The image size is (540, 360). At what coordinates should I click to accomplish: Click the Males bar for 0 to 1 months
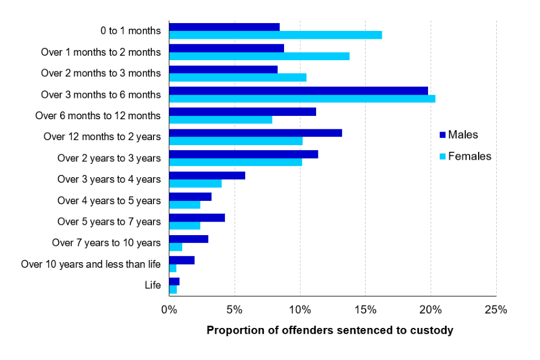click(x=224, y=27)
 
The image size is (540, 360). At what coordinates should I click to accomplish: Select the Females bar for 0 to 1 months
click(x=275, y=35)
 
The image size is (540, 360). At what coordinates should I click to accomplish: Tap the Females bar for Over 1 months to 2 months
click(x=259, y=56)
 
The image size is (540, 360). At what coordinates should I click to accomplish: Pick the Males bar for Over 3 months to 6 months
click(x=298, y=91)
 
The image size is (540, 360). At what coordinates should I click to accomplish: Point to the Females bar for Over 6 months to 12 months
click(x=220, y=120)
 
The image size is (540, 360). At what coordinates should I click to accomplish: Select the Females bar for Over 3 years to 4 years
click(x=195, y=183)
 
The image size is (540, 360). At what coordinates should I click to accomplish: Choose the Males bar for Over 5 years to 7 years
click(x=197, y=218)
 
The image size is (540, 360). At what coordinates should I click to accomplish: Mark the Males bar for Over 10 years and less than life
click(x=182, y=260)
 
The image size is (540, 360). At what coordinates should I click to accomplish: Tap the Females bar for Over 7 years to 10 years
click(x=175, y=247)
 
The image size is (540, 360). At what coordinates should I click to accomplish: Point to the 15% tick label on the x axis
click(x=365, y=310)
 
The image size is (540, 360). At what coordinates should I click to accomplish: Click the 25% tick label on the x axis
click(x=496, y=310)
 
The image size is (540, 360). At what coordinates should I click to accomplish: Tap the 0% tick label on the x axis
click(x=169, y=310)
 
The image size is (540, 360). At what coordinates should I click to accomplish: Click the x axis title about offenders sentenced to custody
click(x=330, y=330)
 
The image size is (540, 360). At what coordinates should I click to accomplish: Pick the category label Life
click(x=152, y=285)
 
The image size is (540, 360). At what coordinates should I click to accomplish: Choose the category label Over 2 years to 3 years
click(x=109, y=158)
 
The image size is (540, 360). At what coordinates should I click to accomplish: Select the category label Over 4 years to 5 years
click(x=109, y=201)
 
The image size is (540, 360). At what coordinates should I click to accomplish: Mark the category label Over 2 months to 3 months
click(x=101, y=73)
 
